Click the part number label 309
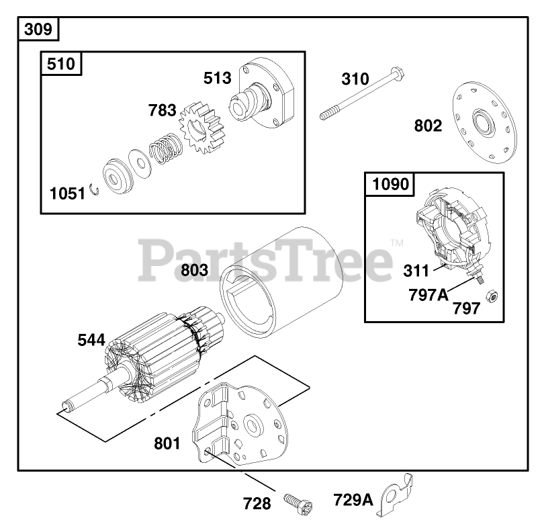coord(38,29)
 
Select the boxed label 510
coord(61,64)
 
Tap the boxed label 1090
coord(390,184)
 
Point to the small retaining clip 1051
coord(94,189)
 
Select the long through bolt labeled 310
coord(362,94)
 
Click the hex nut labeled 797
coord(492,297)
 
